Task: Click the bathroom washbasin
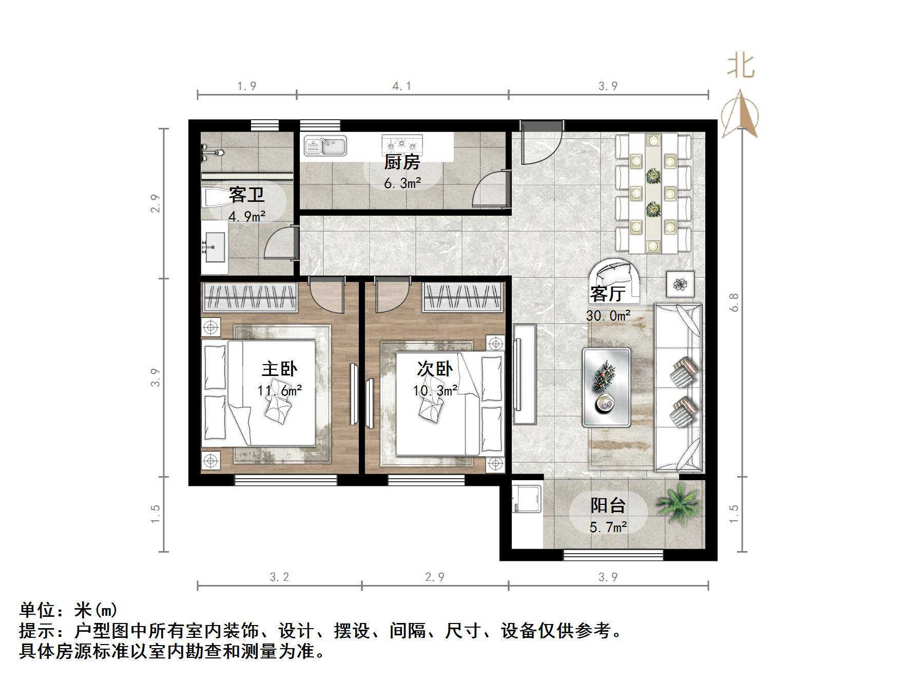point(214,247)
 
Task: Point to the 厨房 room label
point(402,162)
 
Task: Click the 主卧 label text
point(279,369)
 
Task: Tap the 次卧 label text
point(435,369)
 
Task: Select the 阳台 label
point(608,505)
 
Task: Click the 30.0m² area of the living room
point(608,315)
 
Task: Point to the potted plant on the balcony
point(679,504)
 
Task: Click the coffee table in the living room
point(606,387)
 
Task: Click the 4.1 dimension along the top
point(402,86)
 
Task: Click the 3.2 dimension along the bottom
point(279,577)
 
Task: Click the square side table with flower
point(680,284)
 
